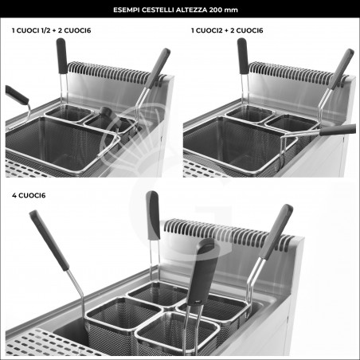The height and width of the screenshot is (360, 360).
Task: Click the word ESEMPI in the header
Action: (x=127, y=10)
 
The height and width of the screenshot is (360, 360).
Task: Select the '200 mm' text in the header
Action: (x=223, y=10)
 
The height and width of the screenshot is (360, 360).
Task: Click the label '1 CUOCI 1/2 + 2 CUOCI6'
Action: (x=51, y=30)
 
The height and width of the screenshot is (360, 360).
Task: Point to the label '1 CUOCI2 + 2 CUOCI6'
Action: (x=227, y=30)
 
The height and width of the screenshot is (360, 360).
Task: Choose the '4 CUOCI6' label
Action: (x=29, y=195)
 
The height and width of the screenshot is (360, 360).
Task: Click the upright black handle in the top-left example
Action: (x=61, y=56)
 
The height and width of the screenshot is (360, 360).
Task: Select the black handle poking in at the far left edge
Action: (x=17, y=95)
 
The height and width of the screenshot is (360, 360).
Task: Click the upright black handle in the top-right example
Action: (x=243, y=56)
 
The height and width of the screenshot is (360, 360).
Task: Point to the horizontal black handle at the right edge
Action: (x=338, y=130)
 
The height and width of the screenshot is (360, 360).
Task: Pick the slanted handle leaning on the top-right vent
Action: (x=342, y=68)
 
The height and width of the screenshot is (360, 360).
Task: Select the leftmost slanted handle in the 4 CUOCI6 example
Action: (x=49, y=241)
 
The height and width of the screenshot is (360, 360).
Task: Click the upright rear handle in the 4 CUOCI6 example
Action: (x=153, y=215)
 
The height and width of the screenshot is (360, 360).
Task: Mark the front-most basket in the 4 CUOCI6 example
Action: (x=177, y=332)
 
